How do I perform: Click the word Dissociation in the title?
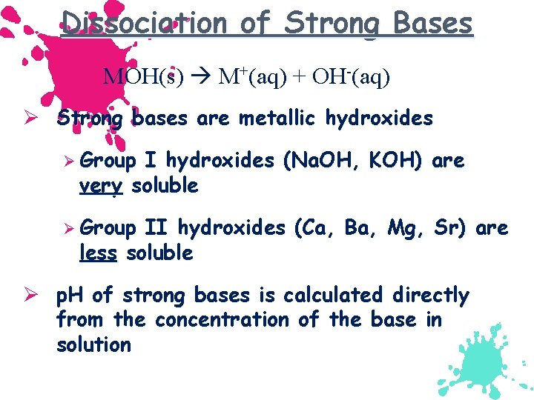[145, 23]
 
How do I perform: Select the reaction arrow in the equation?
[204, 76]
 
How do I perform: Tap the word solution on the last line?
[93, 344]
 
